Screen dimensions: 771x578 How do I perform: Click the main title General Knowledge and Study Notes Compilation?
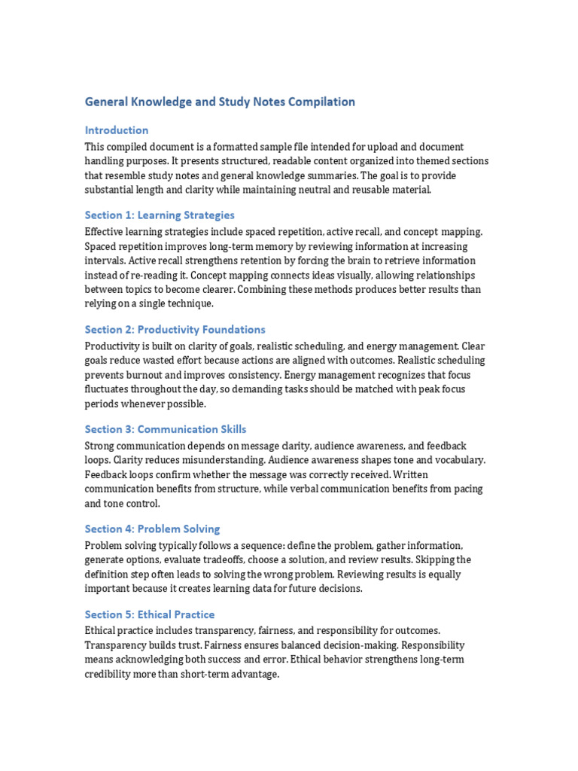point(220,102)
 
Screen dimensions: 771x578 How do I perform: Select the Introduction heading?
point(117,130)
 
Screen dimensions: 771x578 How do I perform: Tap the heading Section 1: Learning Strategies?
point(160,215)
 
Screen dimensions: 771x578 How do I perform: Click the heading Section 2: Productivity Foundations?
point(175,329)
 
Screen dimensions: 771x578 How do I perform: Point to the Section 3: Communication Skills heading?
point(166,429)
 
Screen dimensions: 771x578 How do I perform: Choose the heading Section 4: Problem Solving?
point(152,529)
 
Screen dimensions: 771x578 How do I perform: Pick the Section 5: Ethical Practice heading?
point(150,614)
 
